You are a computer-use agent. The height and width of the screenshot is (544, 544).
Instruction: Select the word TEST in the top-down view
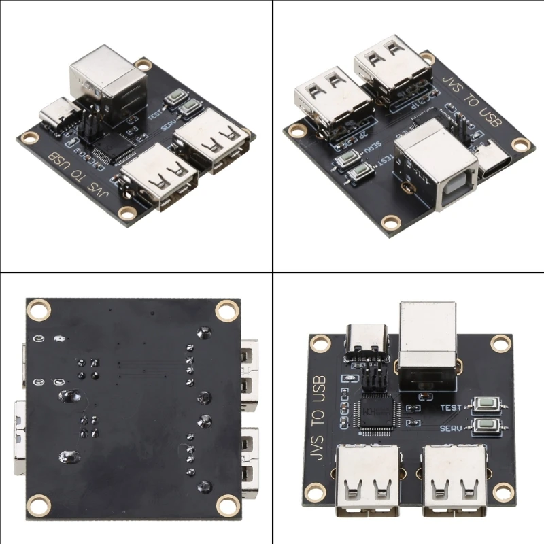tap(452, 408)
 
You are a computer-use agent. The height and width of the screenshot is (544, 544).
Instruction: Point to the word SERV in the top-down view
tap(452, 428)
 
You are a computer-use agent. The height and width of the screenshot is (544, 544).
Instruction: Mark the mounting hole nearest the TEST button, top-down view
tap(501, 343)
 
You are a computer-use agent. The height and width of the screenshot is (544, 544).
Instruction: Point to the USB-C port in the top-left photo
tap(59, 113)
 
